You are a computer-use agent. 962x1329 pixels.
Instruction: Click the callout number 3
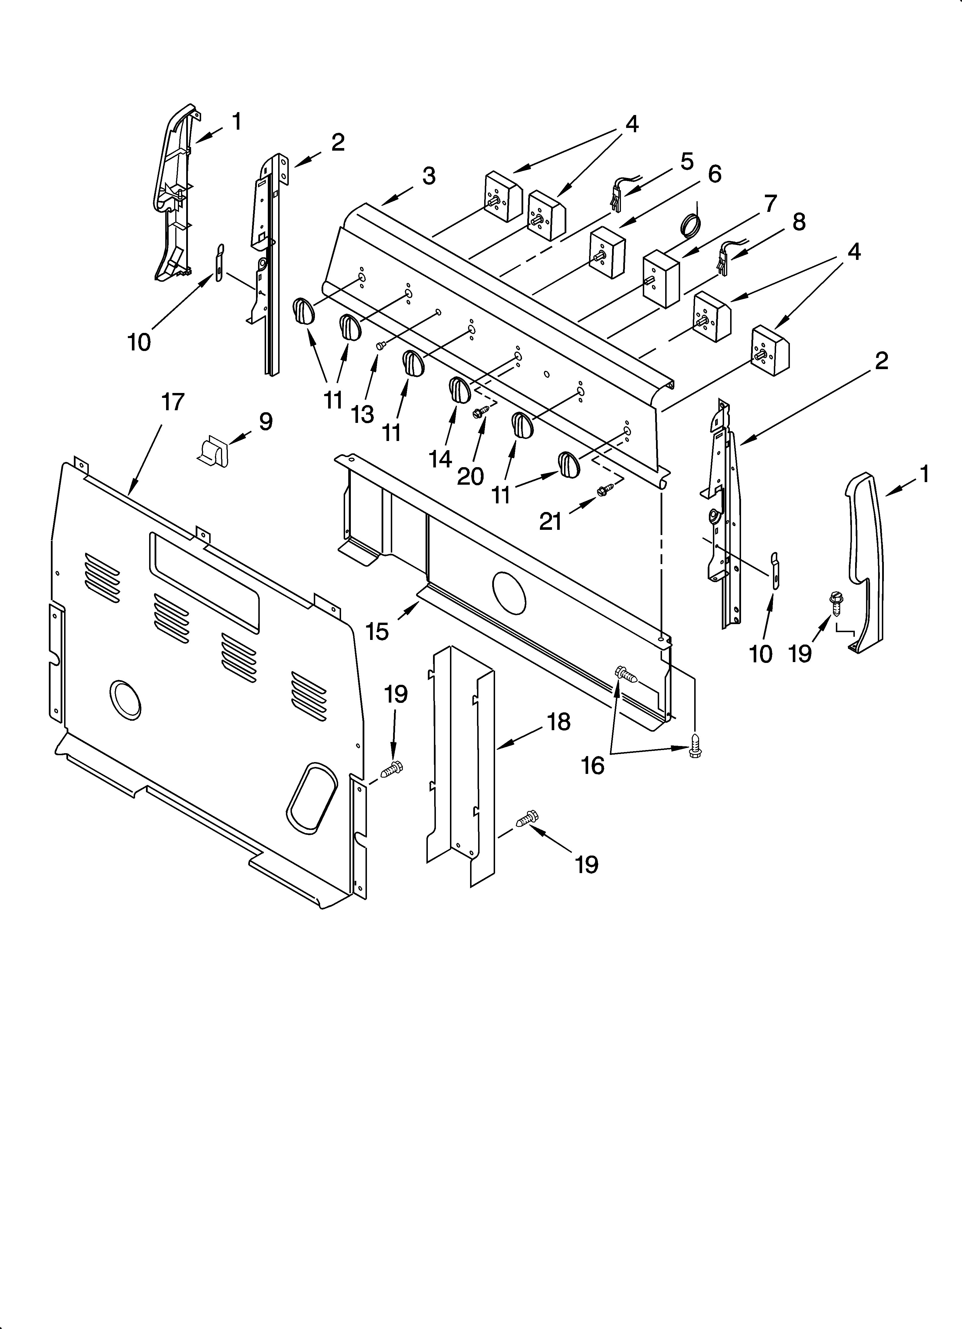[x=429, y=176]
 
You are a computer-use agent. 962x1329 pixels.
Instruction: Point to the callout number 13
[x=363, y=414]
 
